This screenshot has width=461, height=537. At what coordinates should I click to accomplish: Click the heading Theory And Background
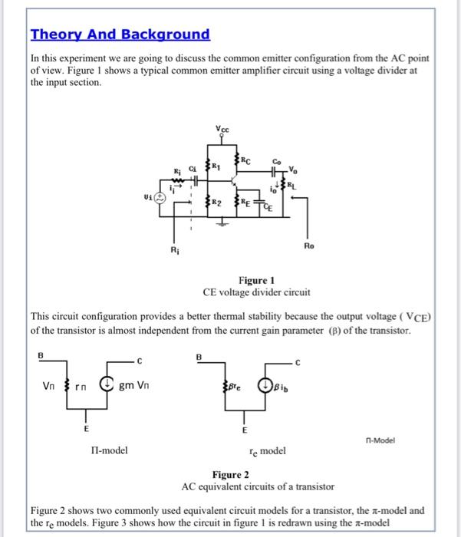click(x=120, y=35)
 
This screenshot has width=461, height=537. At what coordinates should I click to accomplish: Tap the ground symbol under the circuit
click(x=224, y=225)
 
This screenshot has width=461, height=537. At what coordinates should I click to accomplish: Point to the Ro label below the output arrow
click(x=309, y=247)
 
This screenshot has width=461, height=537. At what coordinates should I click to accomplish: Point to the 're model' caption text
click(x=266, y=451)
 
